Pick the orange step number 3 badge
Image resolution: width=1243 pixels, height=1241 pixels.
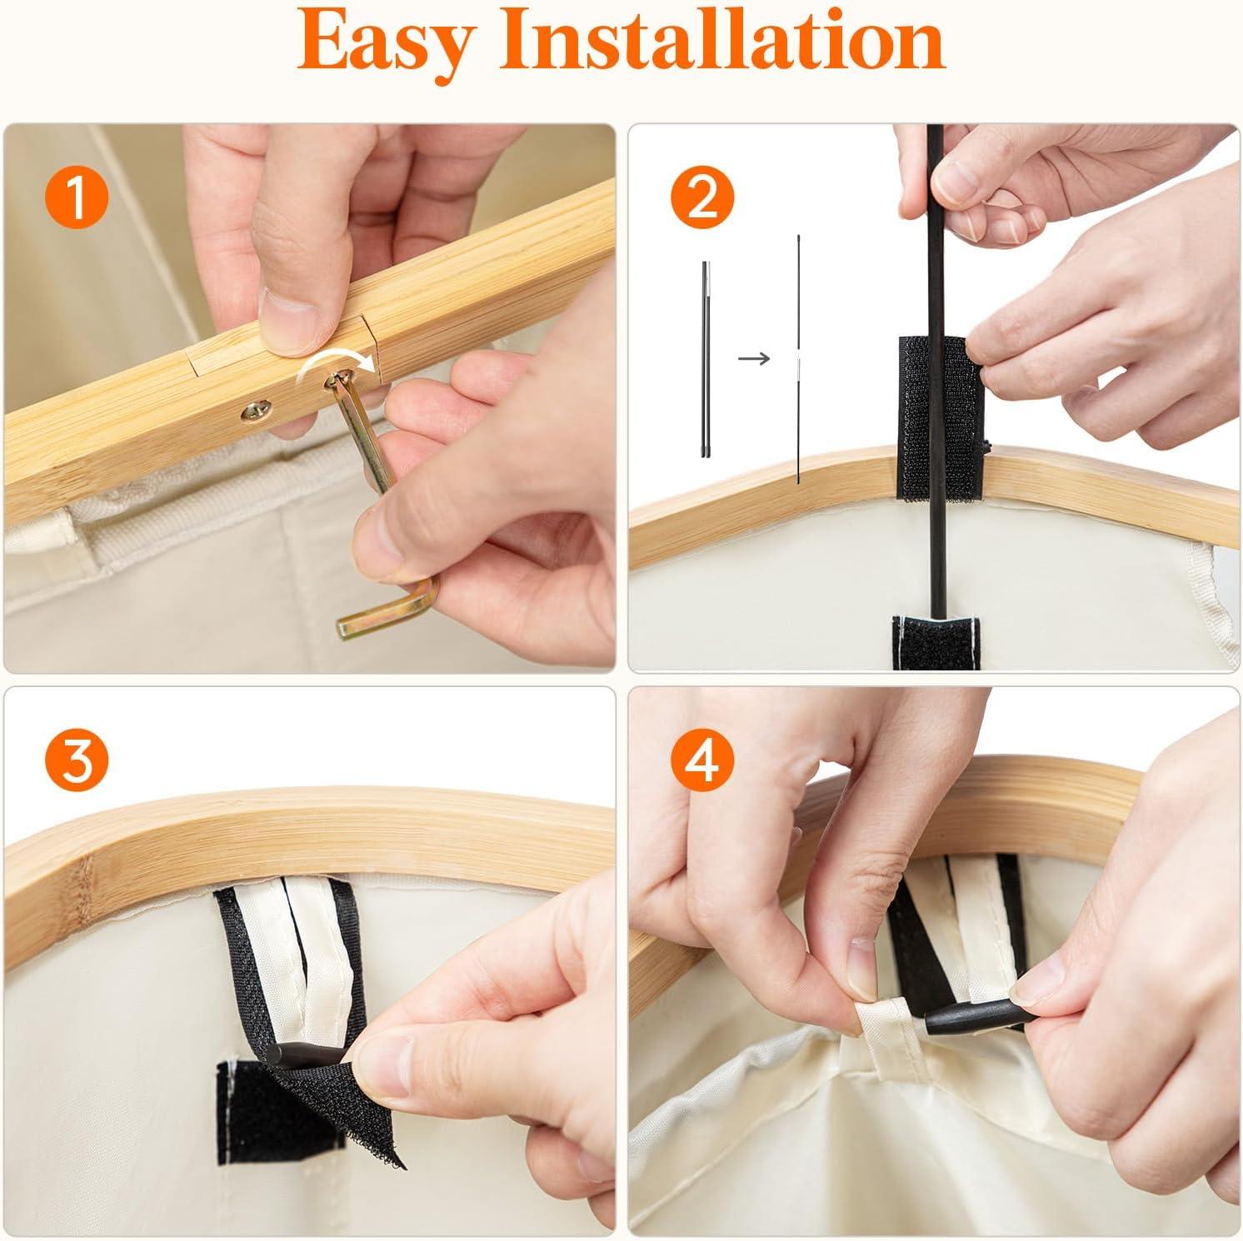[x=76, y=760]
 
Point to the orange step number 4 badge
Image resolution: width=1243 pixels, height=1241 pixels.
[x=702, y=760]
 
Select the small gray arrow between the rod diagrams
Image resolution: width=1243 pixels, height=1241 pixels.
[x=754, y=358]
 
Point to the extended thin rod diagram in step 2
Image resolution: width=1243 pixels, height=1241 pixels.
[x=798, y=358]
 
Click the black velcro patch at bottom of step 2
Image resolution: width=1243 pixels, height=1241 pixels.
[x=936, y=642]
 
